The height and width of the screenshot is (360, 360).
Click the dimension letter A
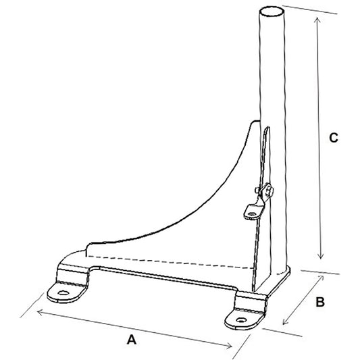coord(132,340)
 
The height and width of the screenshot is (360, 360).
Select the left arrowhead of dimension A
coord(40,311)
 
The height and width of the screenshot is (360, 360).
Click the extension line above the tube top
coord(304,9)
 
